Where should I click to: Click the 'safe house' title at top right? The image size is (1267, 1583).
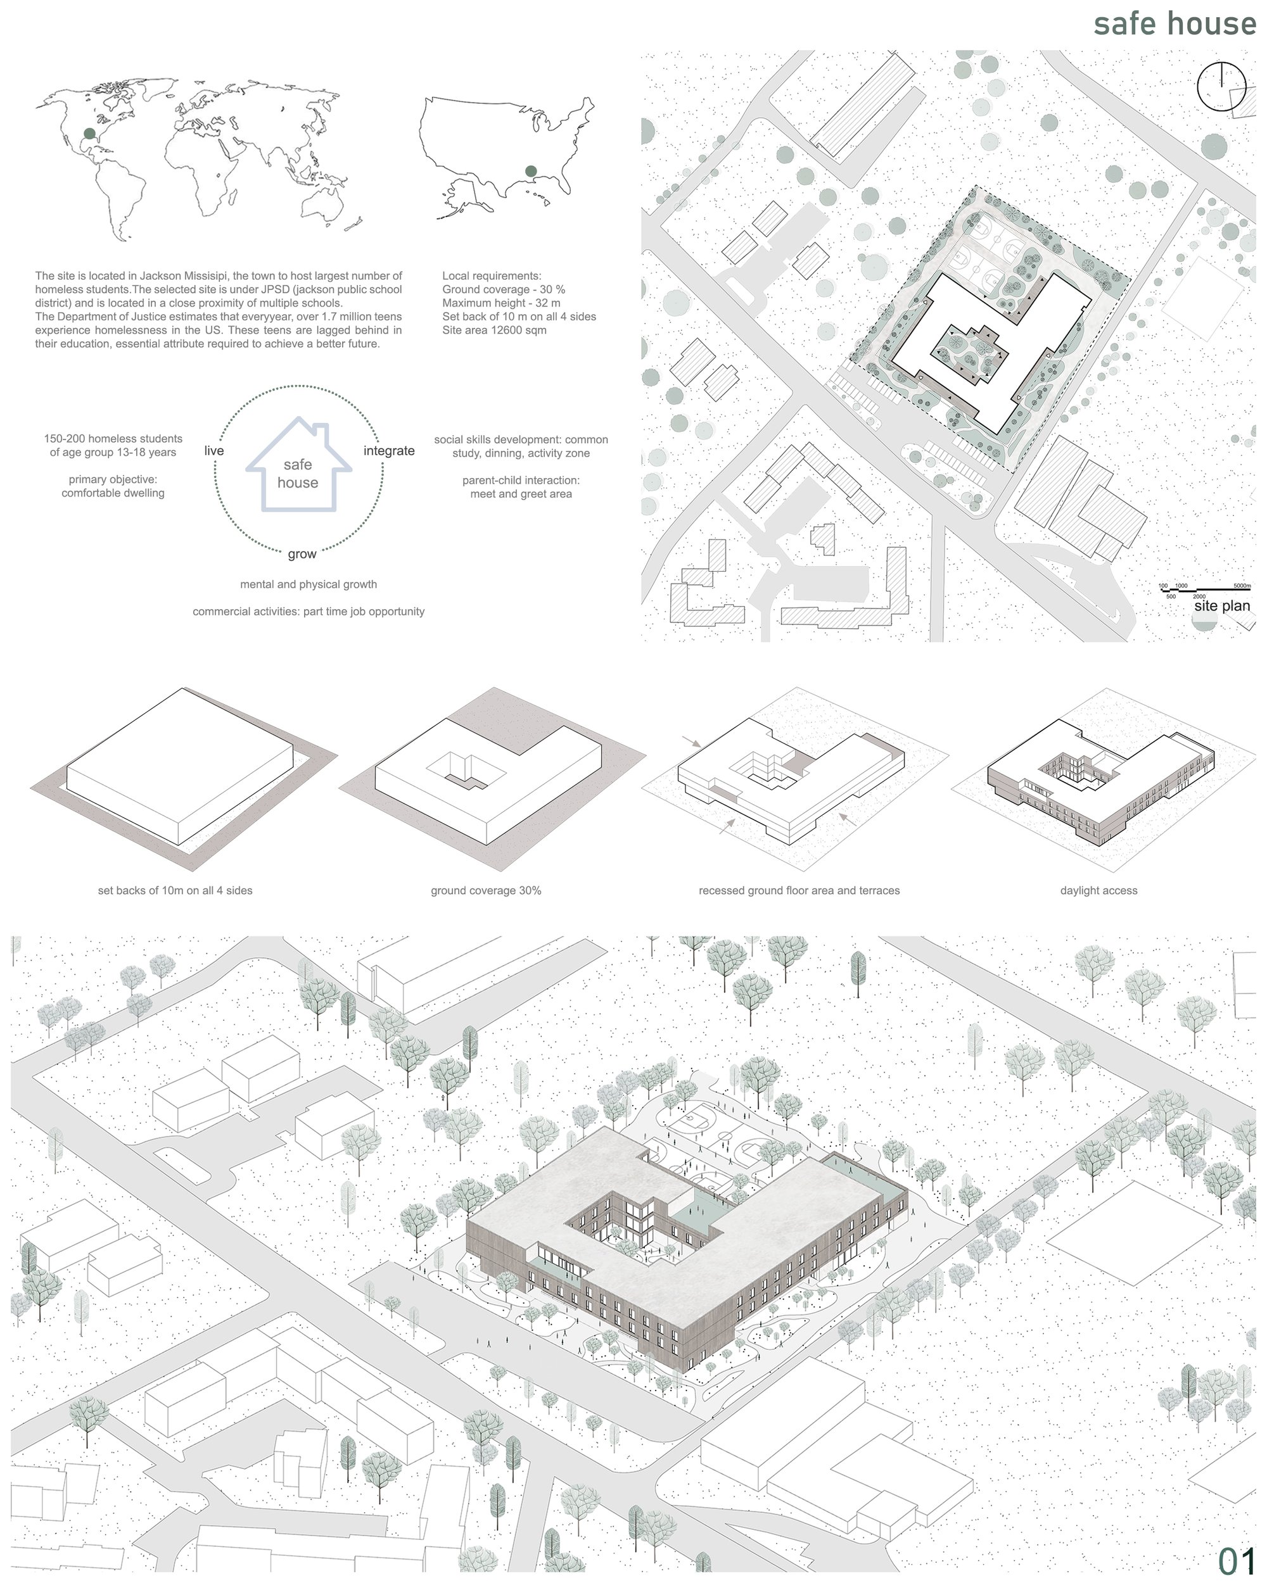pyautogui.click(x=1174, y=23)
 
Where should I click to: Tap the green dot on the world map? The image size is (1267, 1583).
pyautogui.click(x=89, y=133)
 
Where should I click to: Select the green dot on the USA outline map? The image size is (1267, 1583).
pyautogui.click(x=531, y=171)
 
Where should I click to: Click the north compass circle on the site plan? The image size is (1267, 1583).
pyautogui.click(x=1221, y=86)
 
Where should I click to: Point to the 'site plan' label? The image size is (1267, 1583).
pyautogui.click(x=1221, y=606)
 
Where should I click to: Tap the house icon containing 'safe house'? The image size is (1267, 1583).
pyautogui.click(x=298, y=464)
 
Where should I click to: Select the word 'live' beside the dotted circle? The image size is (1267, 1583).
pyautogui.click(x=213, y=451)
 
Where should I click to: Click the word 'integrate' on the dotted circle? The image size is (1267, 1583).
pyautogui.click(x=389, y=451)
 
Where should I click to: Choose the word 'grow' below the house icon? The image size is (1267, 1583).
pyautogui.click(x=302, y=554)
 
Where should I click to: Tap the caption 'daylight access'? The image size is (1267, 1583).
pyautogui.click(x=1098, y=891)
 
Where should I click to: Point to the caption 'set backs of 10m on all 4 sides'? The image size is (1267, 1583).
pyautogui.click(x=175, y=891)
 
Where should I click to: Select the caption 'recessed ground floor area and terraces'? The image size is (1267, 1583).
pyautogui.click(x=799, y=891)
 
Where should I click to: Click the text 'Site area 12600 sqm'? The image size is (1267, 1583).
pyautogui.click(x=494, y=331)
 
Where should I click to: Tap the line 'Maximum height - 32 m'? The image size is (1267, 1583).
pyautogui.click(x=501, y=303)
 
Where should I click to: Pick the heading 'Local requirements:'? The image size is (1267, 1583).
pyautogui.click(x=492, y=276)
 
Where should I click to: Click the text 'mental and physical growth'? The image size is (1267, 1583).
pyautogui.click(x=309, y=584)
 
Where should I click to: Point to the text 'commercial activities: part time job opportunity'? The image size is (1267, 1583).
pyautogui.click(x=309, y=612)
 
